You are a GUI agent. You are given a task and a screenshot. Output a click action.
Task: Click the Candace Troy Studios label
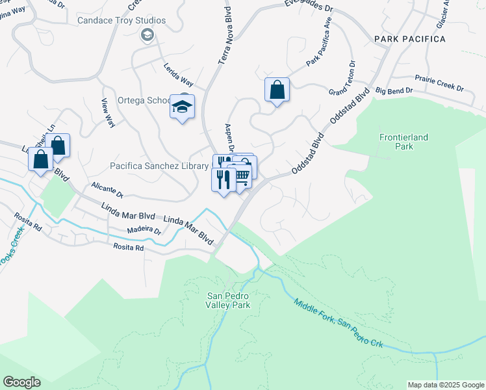tap(122, 21)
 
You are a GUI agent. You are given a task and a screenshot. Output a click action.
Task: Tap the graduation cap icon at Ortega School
tap(183, 106)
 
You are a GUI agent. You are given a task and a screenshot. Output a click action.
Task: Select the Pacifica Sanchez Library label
tap(159, 166)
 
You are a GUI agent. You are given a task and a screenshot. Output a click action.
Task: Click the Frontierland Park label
tap(396, 142)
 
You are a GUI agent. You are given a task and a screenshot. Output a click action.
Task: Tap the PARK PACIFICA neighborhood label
tap(410, 40)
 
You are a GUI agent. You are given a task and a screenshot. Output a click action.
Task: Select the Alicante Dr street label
tap(107, 189)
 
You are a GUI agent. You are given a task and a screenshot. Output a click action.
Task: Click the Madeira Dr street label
tap(144, 230)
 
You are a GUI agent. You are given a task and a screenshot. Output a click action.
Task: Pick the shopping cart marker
tap(240, 175)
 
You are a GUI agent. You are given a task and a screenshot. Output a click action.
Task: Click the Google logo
tap(21, 382)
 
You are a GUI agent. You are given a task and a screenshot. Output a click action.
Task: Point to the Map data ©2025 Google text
tap(445, 385)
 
